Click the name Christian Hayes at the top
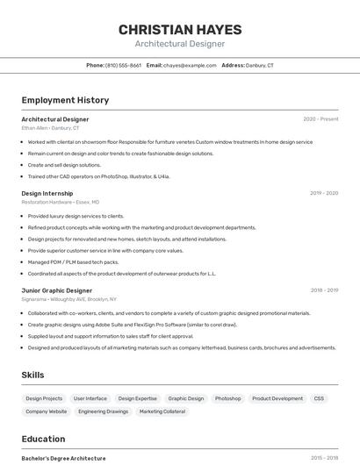[180, 30]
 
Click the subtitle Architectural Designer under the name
[180, 44]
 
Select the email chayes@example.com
[190, 65]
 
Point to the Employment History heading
[65, 100]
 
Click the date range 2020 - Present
[320, 119]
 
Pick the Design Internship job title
[47, 193]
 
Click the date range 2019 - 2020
[324, 193]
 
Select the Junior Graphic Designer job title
[56, 290]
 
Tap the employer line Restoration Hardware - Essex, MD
[61, 202]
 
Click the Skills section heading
[33, 375]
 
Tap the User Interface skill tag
[90, 398]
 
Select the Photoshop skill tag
[227, 398]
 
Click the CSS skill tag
[319, 398]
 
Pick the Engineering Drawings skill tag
[103, 411]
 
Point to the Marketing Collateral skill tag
[162, 411]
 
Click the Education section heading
[43, 439]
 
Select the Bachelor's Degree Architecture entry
[63, 458]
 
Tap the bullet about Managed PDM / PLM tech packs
[73, 261]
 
